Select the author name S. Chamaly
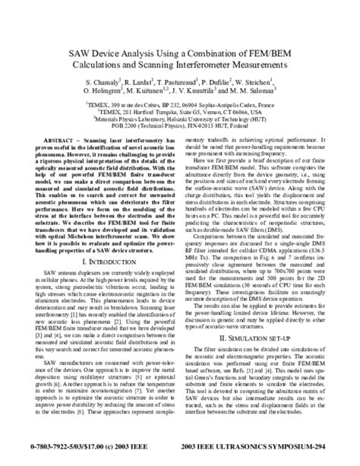click(106, 81)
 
